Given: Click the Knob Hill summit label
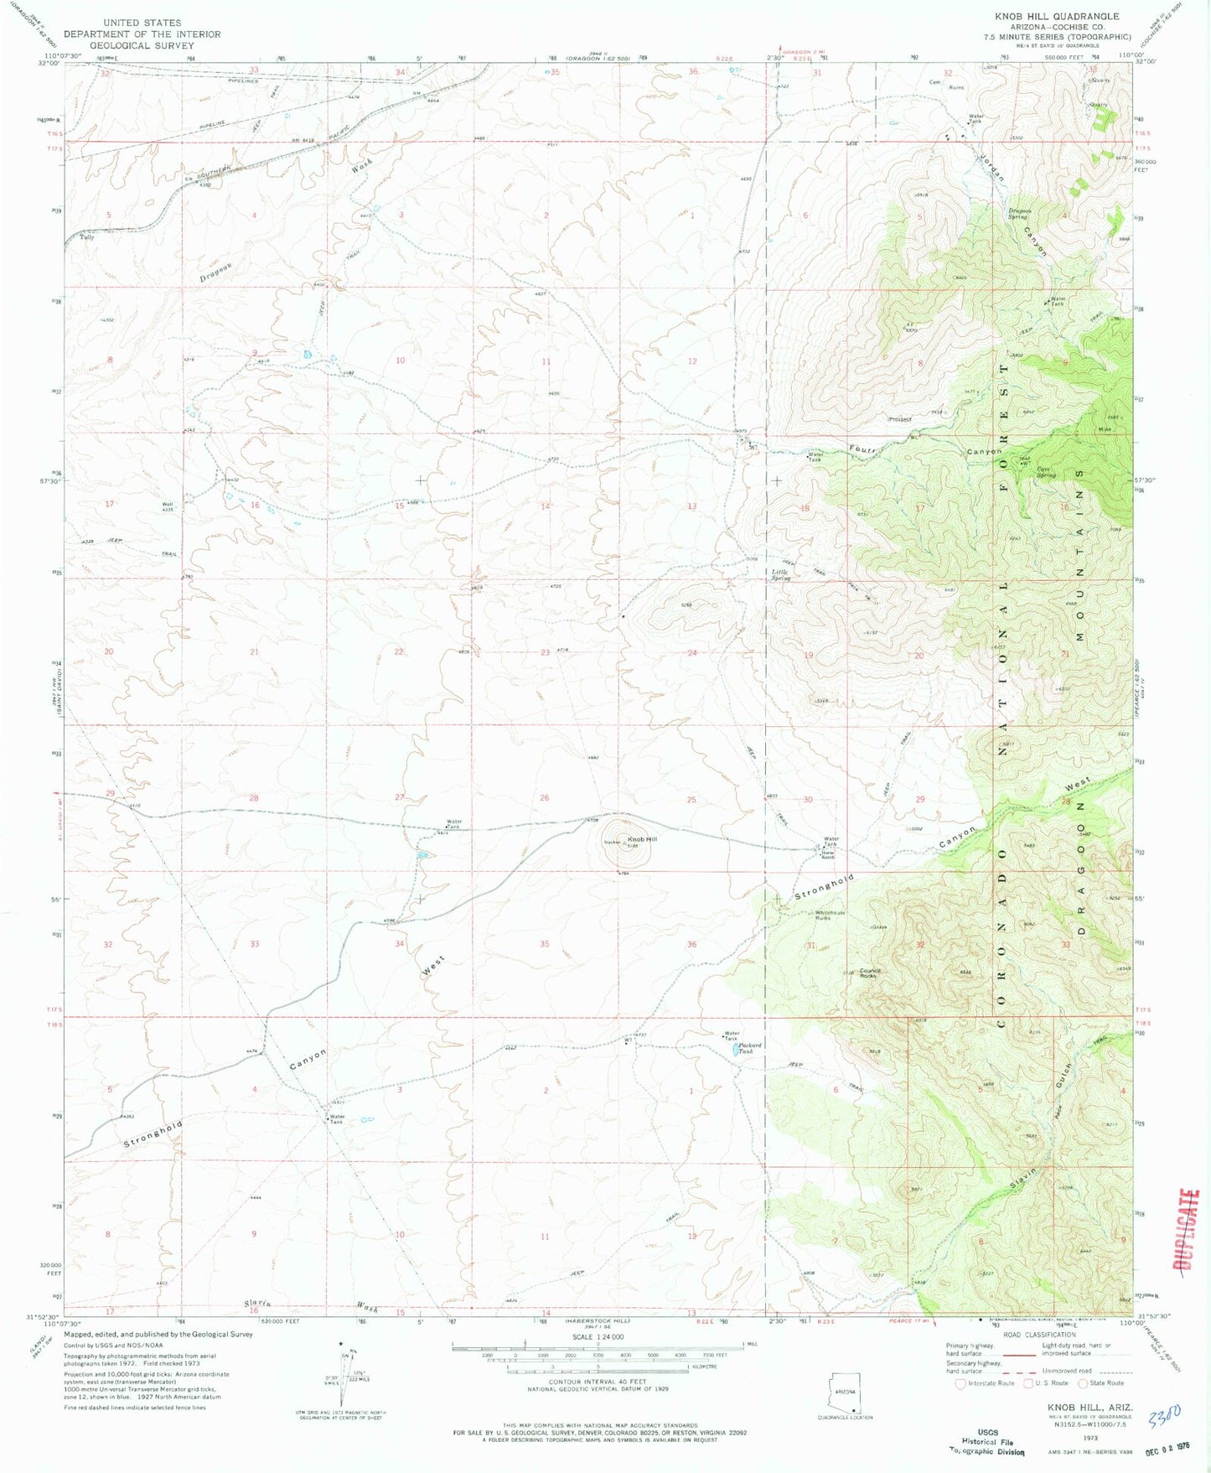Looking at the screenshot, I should point(642,839).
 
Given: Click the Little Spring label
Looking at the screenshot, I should point(780,575).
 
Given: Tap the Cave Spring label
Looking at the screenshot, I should point(1045,472).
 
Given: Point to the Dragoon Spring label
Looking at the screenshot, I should point(1017,213).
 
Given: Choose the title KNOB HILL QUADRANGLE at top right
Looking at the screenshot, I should point(1056,16).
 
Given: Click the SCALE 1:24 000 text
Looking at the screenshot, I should point(596,1336).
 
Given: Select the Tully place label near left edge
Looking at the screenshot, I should point(86,238).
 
